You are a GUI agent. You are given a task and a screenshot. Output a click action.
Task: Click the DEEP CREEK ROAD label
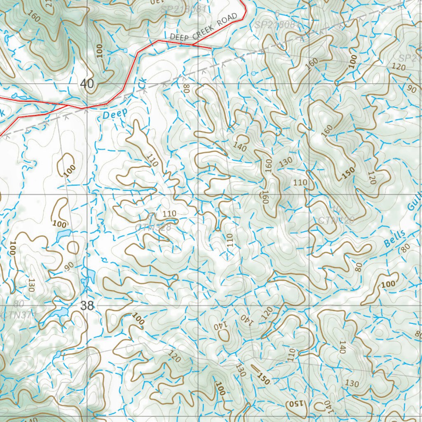(x=204, y=28)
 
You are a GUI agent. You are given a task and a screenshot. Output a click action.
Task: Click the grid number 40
(x=87, y=84)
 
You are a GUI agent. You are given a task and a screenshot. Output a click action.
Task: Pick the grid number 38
(x=87, y=305)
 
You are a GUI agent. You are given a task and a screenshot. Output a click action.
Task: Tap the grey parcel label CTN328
(x=153, y=227)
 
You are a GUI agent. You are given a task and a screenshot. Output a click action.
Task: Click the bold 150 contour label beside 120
(x=348, y=173)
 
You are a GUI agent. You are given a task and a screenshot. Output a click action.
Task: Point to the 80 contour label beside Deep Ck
(x=186, y=88)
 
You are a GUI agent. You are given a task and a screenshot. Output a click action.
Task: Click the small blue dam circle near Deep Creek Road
(x=125, y=50)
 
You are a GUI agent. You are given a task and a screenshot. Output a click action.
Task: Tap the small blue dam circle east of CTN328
(x=218, y=210)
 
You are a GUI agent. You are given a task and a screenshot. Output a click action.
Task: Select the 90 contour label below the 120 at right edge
(x=411, y=89)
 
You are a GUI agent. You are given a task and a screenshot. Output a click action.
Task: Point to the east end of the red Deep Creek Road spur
(x=211, y=48)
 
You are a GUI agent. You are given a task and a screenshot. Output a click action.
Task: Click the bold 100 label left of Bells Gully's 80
(x=387, y=284)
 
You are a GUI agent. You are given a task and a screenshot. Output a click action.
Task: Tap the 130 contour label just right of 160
(x=286, y=162)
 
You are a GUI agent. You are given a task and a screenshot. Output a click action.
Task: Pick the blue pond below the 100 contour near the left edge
(x=64, y=235)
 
